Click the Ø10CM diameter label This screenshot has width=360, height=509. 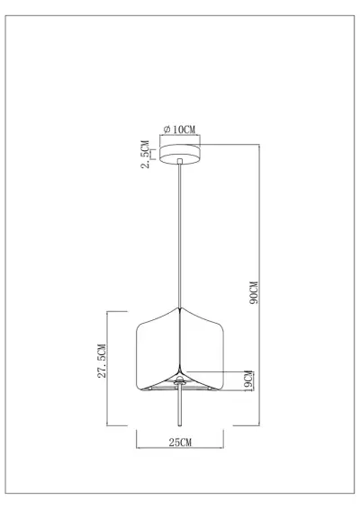pyautogui.click(x=181, y=130)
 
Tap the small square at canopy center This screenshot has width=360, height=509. pyautogui.click(x=181, y=162)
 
